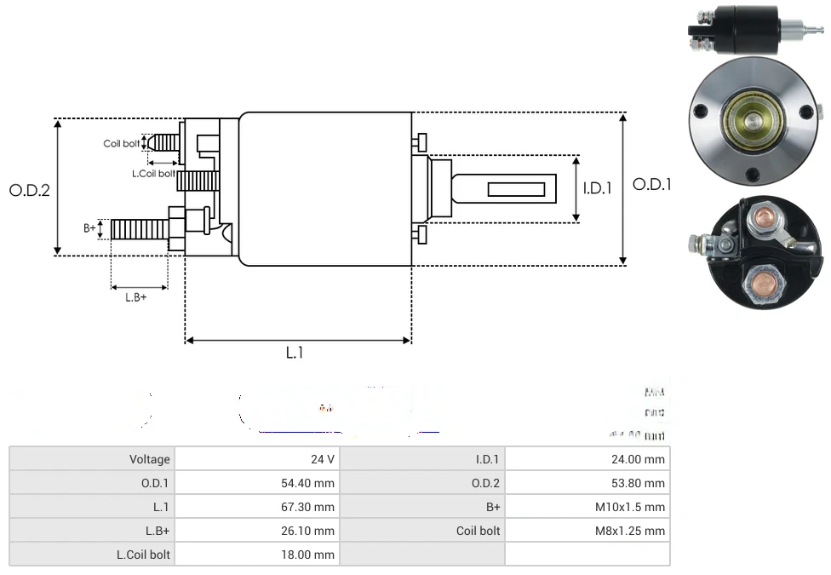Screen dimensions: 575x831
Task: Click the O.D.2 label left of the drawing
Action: click(x=30, y=190)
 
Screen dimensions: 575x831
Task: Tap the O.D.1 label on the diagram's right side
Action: click(x=652, y=184)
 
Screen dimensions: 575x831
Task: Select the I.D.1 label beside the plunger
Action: click(x=597, y=188)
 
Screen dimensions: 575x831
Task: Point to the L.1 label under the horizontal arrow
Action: click(x=294, y=353)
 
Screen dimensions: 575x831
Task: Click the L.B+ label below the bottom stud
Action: click(x=136, y=297)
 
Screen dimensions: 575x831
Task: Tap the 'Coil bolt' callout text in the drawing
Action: click(x=121, y=143)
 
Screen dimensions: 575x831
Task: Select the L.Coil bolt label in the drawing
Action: click(x=153, y=174)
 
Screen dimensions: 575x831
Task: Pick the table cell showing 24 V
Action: click(x=256, y=459)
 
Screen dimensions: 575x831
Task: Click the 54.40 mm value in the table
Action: click(x=256, y=483)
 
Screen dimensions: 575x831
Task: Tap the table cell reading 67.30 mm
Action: click(x=256, y=507)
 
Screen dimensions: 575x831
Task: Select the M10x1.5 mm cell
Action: click(x=587, y=507)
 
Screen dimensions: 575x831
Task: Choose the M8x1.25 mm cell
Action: click(x=587, y=531)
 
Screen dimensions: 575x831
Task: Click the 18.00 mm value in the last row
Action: click(x=256, y=555)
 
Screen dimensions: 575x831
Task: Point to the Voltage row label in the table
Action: click(x=92, y=459)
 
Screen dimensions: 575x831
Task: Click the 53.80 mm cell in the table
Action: click(x=587, y=483)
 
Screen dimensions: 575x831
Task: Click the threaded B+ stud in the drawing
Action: click(x=140, y=229)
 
